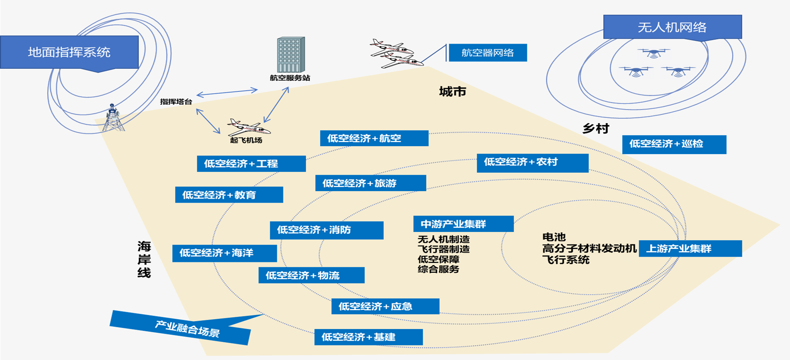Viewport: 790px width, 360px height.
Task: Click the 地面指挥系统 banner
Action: point(69,52)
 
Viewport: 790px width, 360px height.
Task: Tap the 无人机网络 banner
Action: point(672,27)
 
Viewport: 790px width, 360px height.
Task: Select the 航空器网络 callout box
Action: point(488,53)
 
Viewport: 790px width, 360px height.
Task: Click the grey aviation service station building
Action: point(291,55)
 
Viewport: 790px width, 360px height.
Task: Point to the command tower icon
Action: point(113,118)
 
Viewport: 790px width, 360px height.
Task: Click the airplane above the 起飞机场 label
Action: point(248,127)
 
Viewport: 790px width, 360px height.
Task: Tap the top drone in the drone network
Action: point(654,53)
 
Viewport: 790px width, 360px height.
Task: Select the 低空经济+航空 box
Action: point(374,138)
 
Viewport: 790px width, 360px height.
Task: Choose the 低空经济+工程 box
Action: point(251,164)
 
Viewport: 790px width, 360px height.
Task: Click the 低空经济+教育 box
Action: point(229,195)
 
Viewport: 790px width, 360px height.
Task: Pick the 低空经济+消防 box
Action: point(327,230)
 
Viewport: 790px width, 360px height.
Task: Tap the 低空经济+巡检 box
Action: point(674,144)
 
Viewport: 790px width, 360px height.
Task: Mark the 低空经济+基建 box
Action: point(368,337)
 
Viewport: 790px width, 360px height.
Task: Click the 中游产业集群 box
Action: point(463,224)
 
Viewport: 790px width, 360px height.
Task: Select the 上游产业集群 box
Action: point(690,248)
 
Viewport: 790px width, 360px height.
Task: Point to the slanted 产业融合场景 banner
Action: point(181,328)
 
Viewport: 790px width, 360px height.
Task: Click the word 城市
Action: point(452,91)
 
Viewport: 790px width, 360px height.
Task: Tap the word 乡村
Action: point(596,129)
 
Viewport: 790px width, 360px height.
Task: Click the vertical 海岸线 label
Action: point(144,259)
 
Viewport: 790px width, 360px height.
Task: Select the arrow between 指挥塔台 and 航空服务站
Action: point(227,92)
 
